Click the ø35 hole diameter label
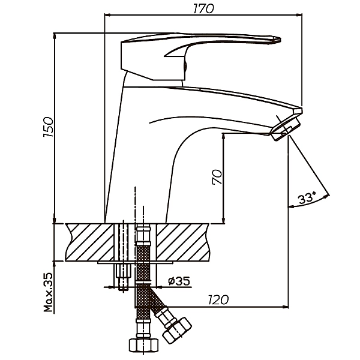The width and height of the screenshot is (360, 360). [178, 280]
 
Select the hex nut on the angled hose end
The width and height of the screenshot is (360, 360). [178, 329]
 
